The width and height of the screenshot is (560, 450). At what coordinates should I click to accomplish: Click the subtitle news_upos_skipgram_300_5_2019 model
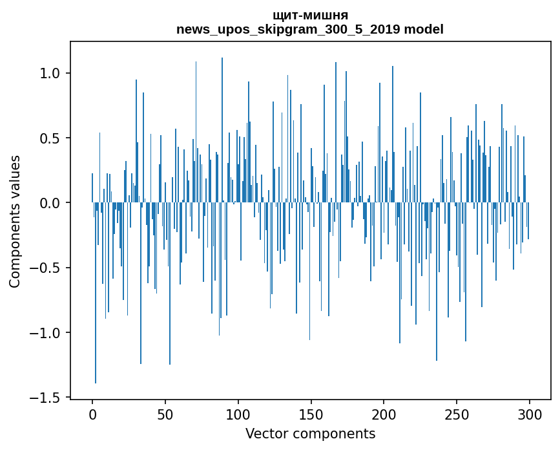(310, 30)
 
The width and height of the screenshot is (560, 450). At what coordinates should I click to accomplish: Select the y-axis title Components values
(15, 221)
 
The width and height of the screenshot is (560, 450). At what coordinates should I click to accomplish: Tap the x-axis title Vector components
(310, 433)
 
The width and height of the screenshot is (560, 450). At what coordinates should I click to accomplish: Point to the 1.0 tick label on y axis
(49, 73)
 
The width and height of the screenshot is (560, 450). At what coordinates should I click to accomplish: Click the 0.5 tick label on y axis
(49, 138)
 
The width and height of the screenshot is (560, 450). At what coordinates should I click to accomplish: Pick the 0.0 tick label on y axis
(49, 203)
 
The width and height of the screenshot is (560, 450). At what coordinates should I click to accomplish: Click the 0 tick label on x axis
(92, 414)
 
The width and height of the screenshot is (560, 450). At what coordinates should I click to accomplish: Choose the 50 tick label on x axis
(165, 414)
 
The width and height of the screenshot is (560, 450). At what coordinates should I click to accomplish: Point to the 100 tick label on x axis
(238, 414)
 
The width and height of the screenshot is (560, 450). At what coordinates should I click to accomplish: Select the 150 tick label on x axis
(311, 414)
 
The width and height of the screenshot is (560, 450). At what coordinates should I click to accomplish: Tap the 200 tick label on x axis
(384, 414)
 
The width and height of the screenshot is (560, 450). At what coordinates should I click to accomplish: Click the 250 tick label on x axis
(457, 414)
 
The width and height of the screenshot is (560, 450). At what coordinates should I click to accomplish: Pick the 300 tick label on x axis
(530, 414)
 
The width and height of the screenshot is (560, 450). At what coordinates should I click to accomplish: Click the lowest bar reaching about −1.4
(96, 323)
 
